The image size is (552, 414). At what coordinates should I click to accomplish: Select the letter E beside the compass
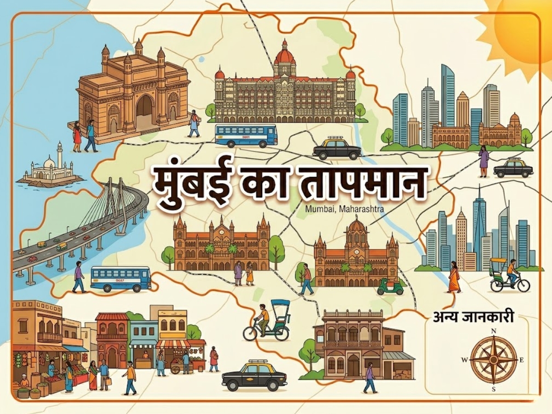522,360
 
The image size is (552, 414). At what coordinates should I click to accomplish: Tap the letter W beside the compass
464,360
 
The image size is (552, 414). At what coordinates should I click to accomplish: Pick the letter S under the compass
494,389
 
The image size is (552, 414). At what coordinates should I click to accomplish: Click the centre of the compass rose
494,360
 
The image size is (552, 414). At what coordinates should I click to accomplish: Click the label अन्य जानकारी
473,317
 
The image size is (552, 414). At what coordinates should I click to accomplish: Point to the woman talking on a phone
483,161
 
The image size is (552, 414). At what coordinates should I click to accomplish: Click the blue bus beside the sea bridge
121,279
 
